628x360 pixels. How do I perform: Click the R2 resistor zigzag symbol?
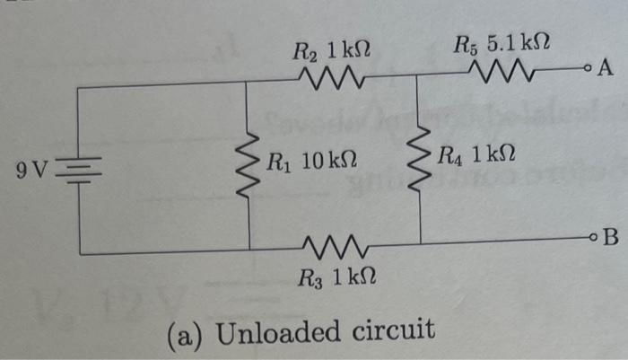coord(333,82)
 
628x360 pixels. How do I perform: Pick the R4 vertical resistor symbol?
coord(419,165)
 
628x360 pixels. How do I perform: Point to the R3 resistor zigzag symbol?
coord(334,245)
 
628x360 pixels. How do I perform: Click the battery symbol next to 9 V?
coord(82,168)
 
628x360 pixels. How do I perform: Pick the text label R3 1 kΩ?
coord(331,275)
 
